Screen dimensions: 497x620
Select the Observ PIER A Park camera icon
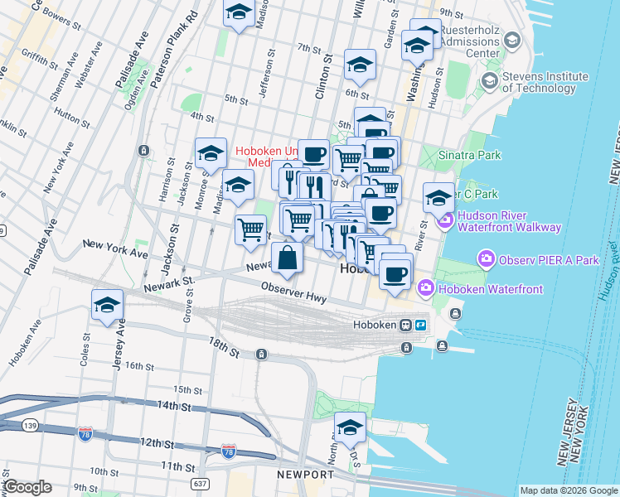(x=486, y=260)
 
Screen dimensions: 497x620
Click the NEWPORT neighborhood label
(x=306, y=475)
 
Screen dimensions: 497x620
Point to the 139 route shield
(x=31, y=425)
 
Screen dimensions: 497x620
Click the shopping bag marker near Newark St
(x=287, y=259)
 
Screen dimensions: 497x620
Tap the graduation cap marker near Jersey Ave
(x=107, y=305)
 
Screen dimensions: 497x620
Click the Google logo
(x=28, y=486)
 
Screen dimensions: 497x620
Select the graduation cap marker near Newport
(x=350, y=427)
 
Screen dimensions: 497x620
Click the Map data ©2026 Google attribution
(x=568, y=490)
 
